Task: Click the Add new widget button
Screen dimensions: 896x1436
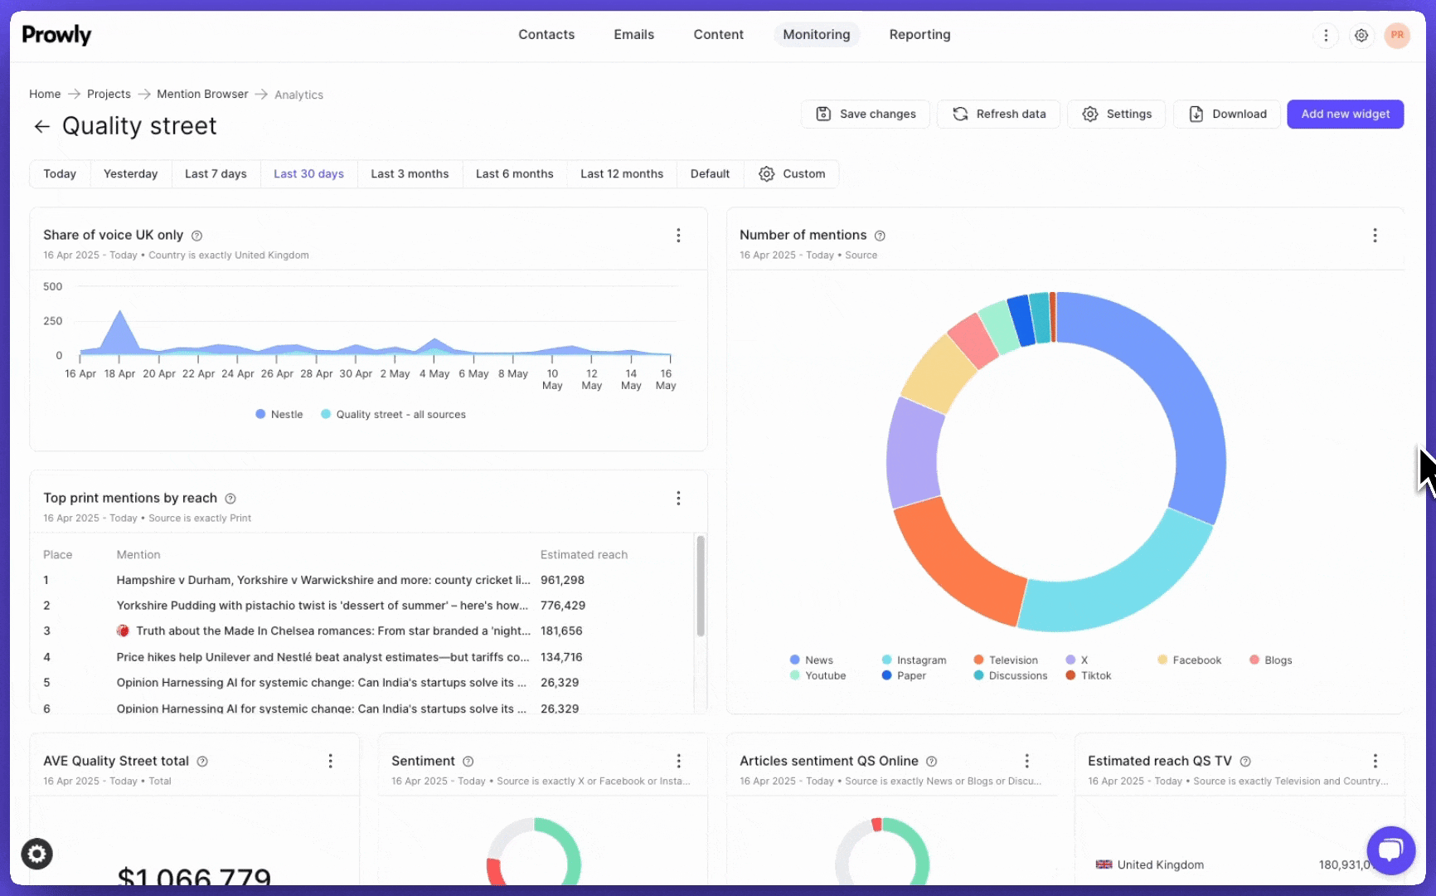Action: coord(1345,114)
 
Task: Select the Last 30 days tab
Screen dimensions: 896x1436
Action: coord(308,174)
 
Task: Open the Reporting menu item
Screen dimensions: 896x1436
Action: coord(919,35)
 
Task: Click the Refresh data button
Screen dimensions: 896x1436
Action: coord(998,114)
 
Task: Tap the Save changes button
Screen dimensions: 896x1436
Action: coord(866,114)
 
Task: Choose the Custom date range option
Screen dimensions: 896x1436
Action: coord(792,174)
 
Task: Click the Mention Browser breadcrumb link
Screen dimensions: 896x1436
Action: coord(202,95)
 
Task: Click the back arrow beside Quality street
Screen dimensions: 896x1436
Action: coord(41,126)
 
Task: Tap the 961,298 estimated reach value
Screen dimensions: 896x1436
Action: coord(562,581)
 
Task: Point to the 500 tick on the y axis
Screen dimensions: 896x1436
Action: coord(53,287)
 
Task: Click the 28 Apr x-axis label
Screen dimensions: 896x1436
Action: coord(317,374)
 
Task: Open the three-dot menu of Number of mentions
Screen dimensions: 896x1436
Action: coord(1375,236)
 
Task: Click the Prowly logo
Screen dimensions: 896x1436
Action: coord(56,35)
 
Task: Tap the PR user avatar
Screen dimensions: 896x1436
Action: coord(1397,35)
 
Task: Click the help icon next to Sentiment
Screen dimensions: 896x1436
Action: coord(468,762)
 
